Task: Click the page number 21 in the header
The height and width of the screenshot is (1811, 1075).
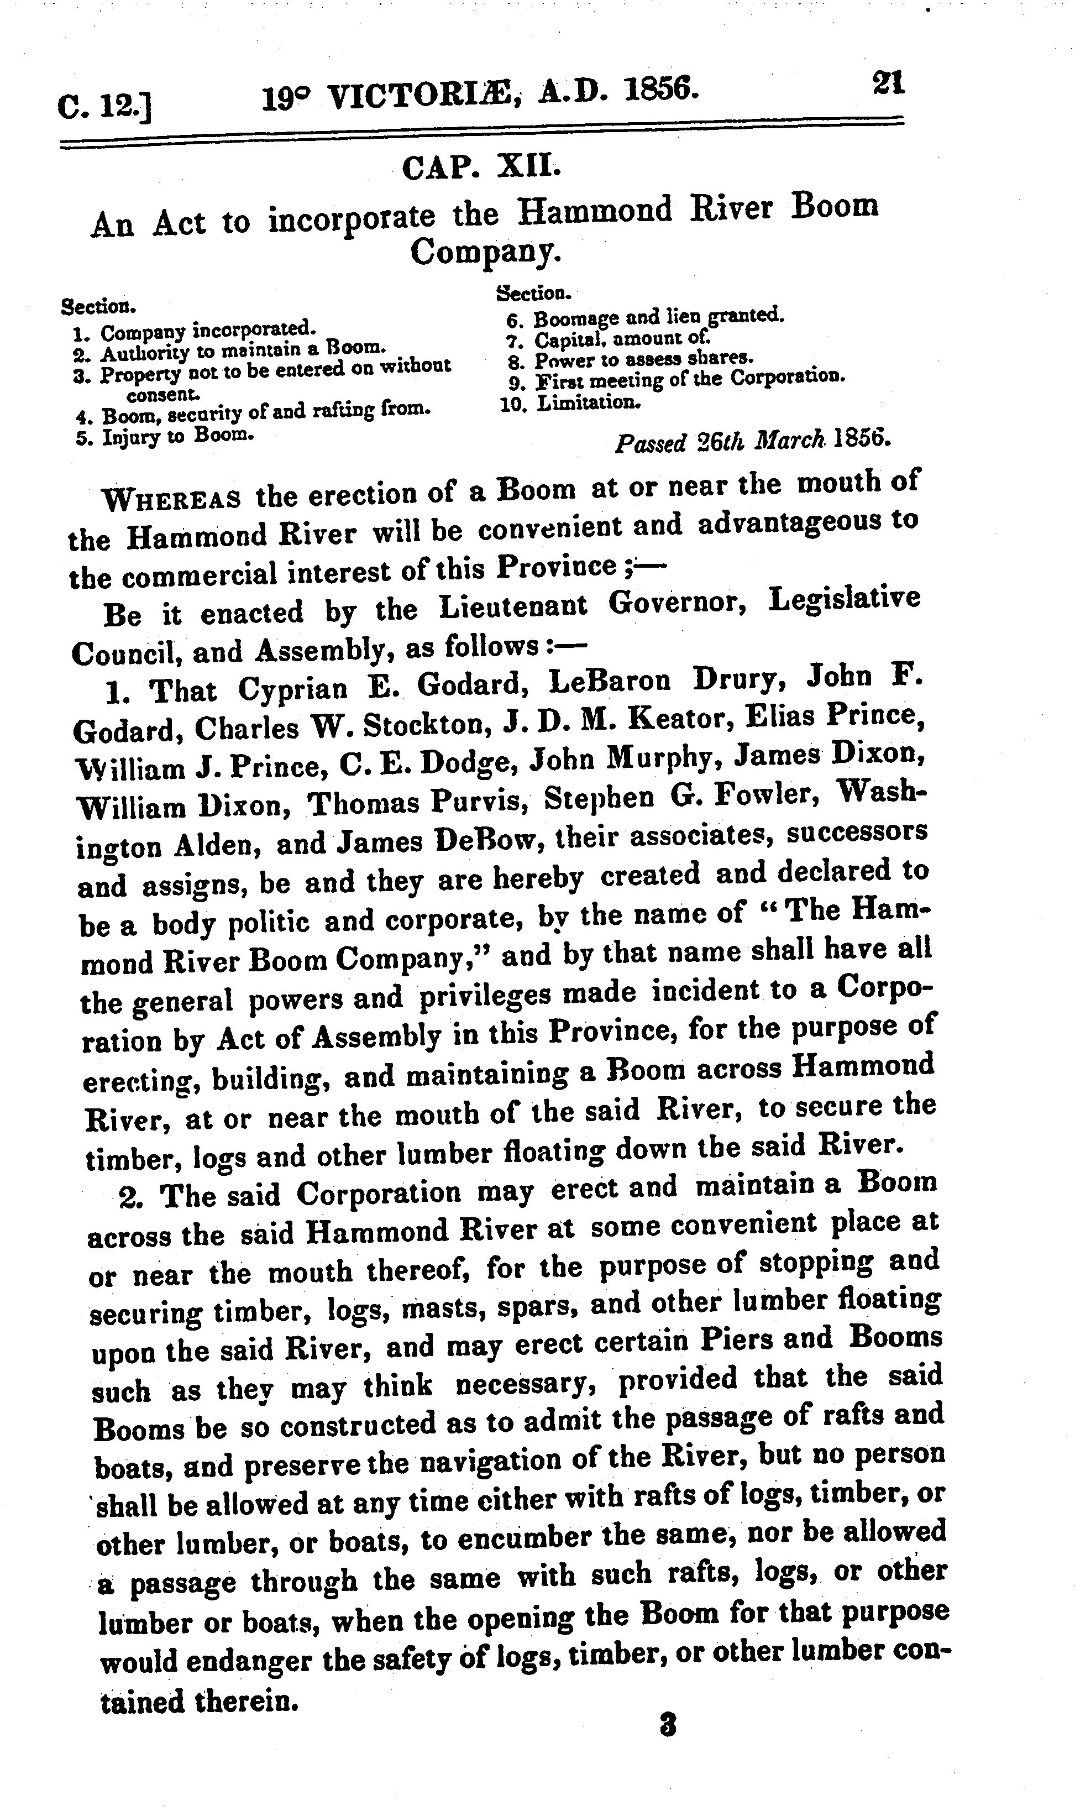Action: tap(889, 82)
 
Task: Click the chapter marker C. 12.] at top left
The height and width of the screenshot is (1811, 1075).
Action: tap(104, 107)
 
